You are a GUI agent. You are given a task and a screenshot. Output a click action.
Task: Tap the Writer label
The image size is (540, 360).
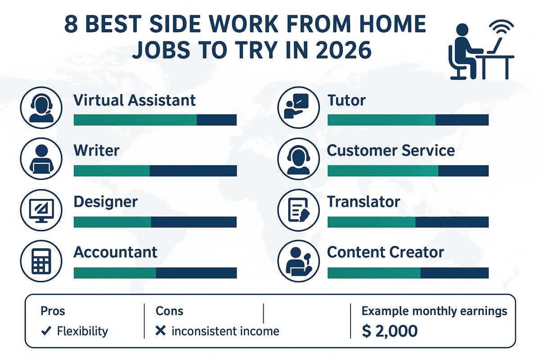(x=96, y=150)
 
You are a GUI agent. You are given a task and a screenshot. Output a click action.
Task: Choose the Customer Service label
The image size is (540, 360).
(x=391, y=150)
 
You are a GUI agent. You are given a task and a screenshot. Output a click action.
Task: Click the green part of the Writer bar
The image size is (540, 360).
(x=111, y=171)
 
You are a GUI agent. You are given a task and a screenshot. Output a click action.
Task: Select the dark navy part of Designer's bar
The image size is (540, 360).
(x=193, y=222)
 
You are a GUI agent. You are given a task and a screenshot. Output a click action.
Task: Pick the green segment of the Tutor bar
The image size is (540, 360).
(x=381, y=120)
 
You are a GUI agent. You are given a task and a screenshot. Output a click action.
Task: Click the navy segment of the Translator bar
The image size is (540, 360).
(x=451, y=222)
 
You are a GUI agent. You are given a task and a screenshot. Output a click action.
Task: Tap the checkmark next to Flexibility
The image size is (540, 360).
(x=45, y=332)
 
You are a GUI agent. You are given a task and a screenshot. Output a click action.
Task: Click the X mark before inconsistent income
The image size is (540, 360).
(x=160, y=332)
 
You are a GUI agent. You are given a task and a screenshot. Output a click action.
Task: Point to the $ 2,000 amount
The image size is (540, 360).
(x=390, y=331)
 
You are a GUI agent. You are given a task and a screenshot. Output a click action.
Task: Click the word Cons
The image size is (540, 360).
(x=169, y=311)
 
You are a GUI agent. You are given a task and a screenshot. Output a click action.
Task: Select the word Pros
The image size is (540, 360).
(x=53, y=311)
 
